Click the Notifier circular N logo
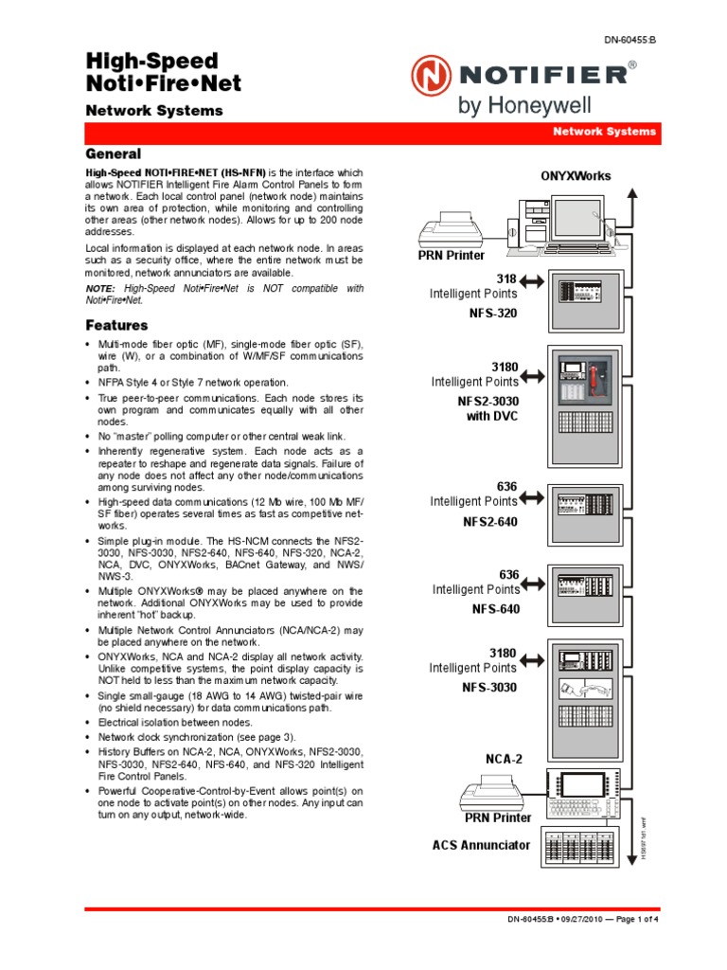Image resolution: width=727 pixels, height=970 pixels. pyautogui.click(x=431, y=75)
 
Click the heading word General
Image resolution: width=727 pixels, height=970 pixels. pyautogui.click(x=114, y=153)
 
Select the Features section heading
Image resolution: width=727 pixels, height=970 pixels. pyautogui.click(x=116, y=326)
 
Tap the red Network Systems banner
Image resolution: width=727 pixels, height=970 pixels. pyautogui.click(x=605, y=132)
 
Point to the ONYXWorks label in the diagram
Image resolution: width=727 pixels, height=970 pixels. pyautogui.click(x=576, y=175)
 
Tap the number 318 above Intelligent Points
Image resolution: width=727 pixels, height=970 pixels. pyautogui.click(x=506, y=278)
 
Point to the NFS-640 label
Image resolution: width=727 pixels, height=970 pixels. pyautogui.click(x=496, y=609)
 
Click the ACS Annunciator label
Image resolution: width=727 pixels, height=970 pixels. pyautogui.click(x=481, y=845)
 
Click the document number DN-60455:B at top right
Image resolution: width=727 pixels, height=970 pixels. pyautogui.click(x=629, y=40)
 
